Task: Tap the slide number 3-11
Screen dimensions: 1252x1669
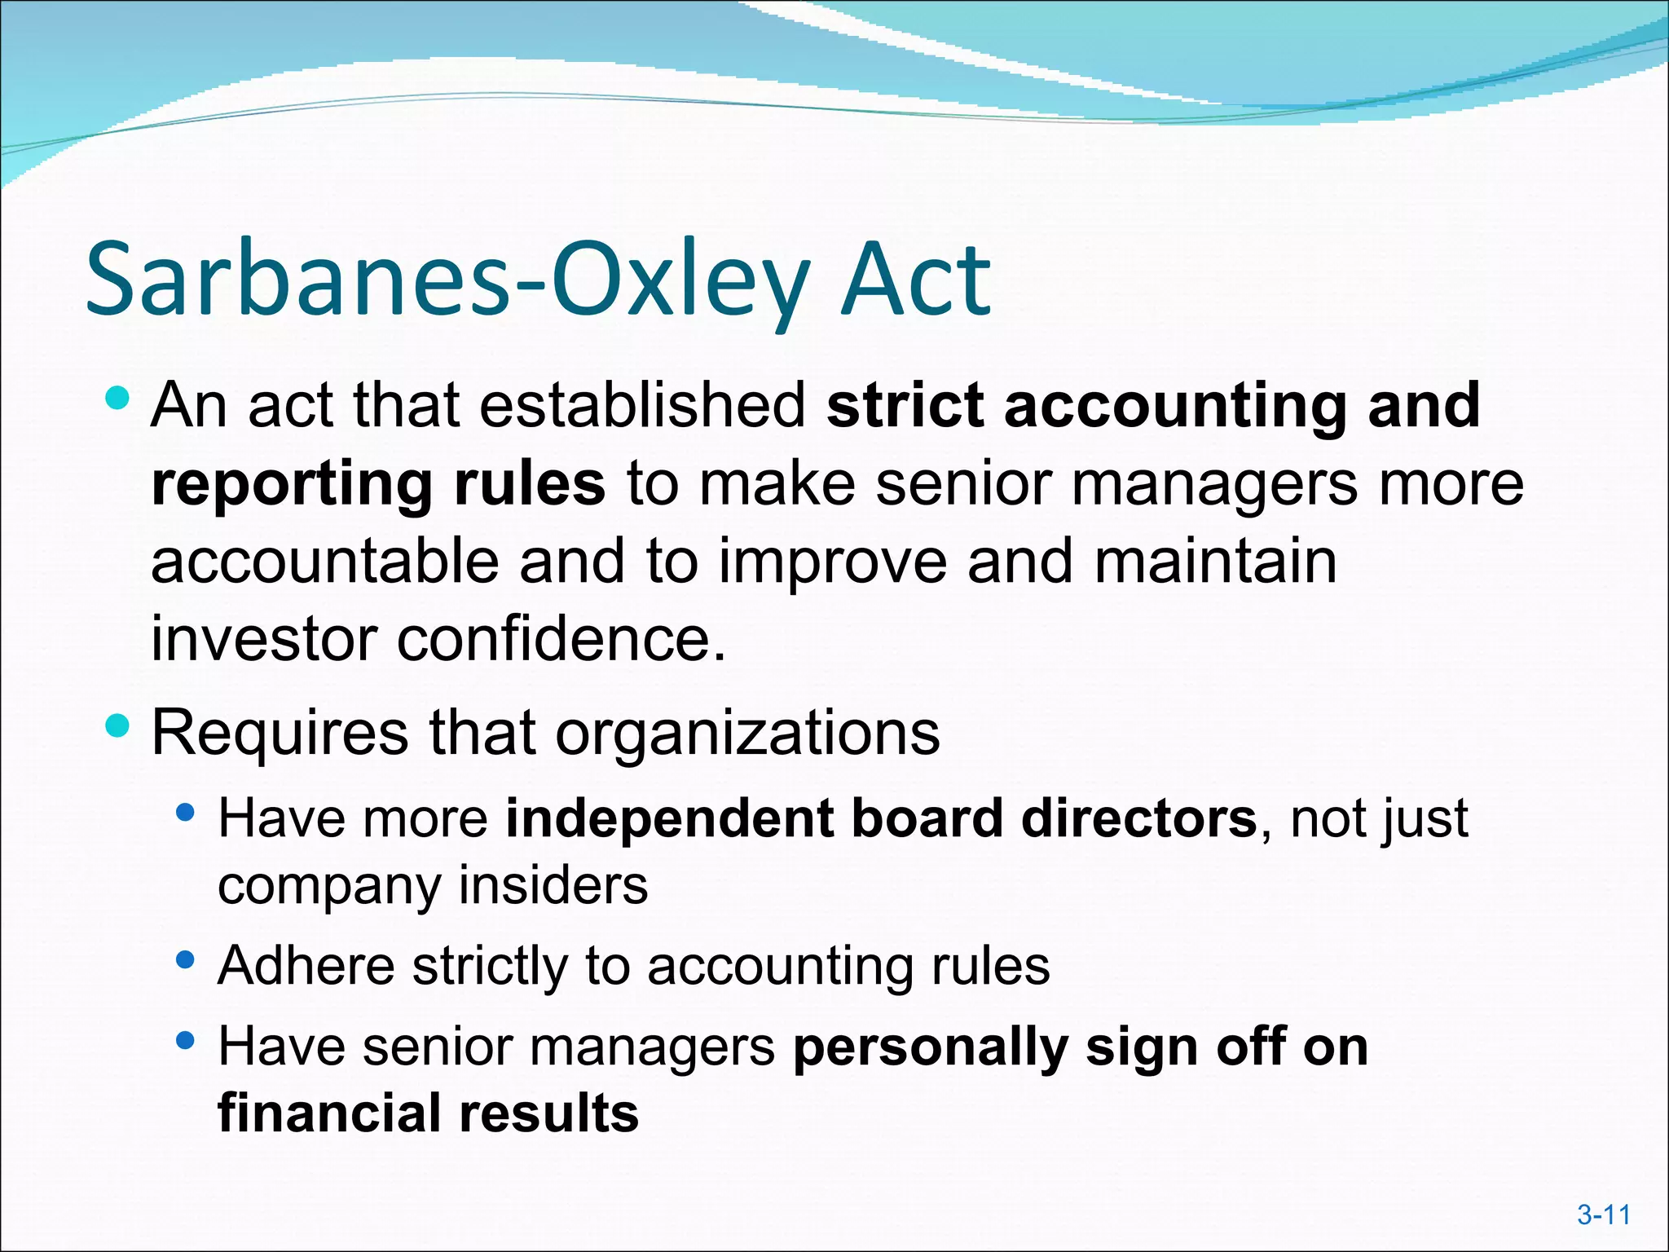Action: coord(1603,1215)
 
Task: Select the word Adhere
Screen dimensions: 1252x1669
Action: coord(306,966)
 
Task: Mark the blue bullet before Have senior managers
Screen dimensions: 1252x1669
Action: coord(185,1041)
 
